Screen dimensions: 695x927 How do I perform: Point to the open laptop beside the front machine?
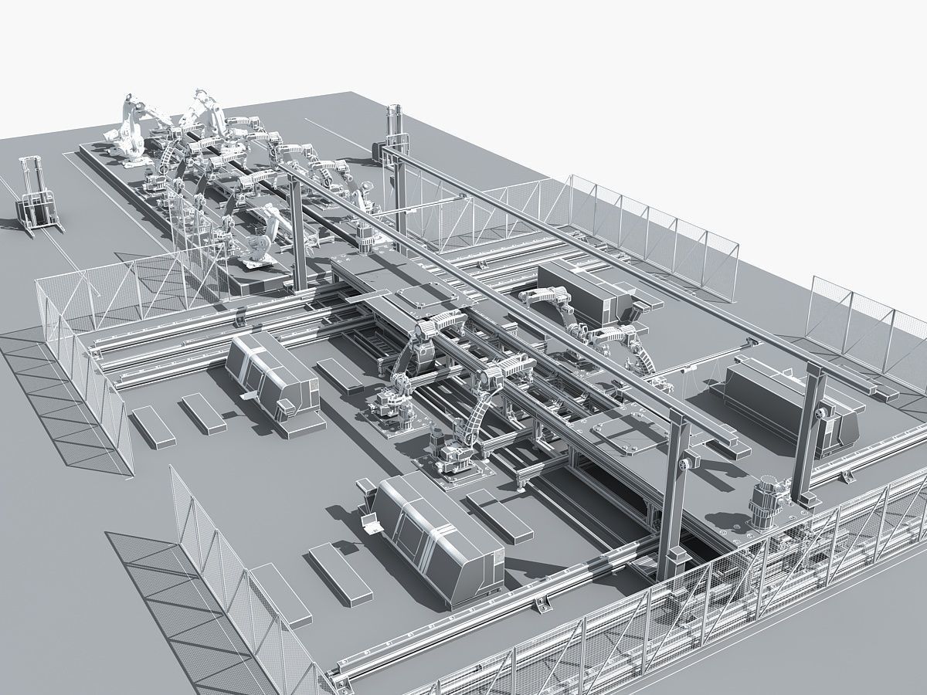pos(369,523)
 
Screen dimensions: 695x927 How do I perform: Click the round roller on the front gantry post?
pos(684,463)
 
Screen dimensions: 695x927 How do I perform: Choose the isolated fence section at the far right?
pos(865,328)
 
